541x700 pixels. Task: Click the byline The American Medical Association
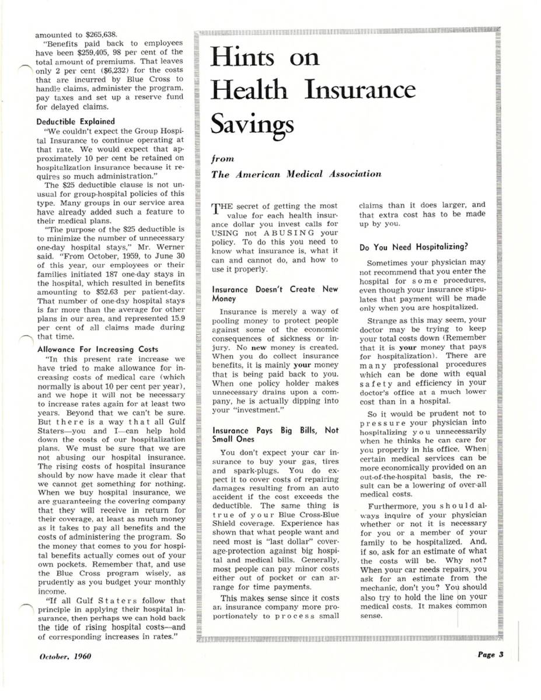(296, 174)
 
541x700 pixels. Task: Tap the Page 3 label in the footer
(488, 654)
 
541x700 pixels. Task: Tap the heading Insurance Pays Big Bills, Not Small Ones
(274, 435)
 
